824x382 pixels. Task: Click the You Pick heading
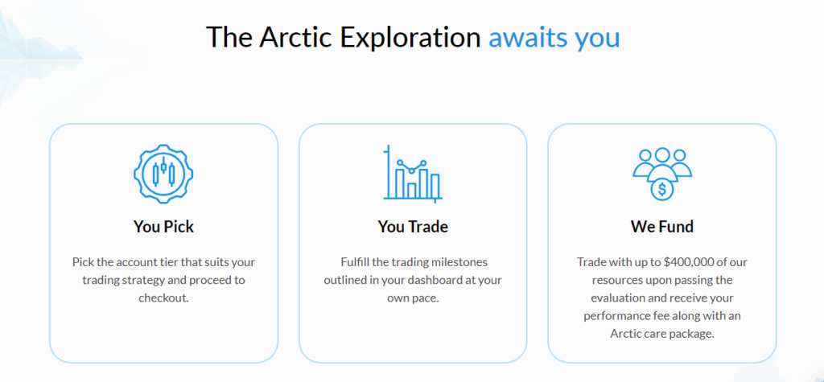pyautogui.click(x=163, y=227)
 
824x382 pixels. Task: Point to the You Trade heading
pyautogui.click(x=413, y=227)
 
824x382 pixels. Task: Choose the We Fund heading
pyautogui.click(x=662, y=227)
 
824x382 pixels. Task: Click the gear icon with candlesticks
pyautogui.click(x=163, y=174)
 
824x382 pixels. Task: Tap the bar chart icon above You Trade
pyautogui.click(x=413, y=174)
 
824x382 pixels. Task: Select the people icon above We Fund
pyautogui.click(x=662, y=175)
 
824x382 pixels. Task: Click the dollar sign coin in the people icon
pyautogui.click(x=662, y=189)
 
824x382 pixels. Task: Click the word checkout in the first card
pyautogui.click(x=163, y=298)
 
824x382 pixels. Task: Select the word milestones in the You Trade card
pyautogui.click(x=459, y=261)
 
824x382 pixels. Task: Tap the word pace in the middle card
pyautogui.click(x=426, y=298)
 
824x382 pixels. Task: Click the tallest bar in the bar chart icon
pyautogui.click(x=401, y=183)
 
